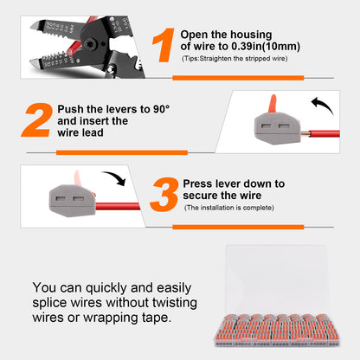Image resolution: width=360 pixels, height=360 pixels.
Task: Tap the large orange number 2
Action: coord(36,121)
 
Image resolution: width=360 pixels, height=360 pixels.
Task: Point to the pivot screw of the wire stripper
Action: coord(90,35)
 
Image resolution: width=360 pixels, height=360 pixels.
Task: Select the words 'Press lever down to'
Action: coord(234,183)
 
